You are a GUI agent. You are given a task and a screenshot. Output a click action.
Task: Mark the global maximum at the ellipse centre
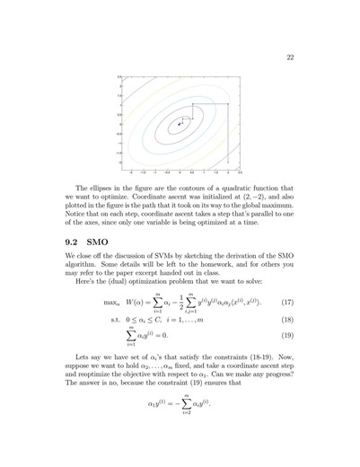(182, 120)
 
